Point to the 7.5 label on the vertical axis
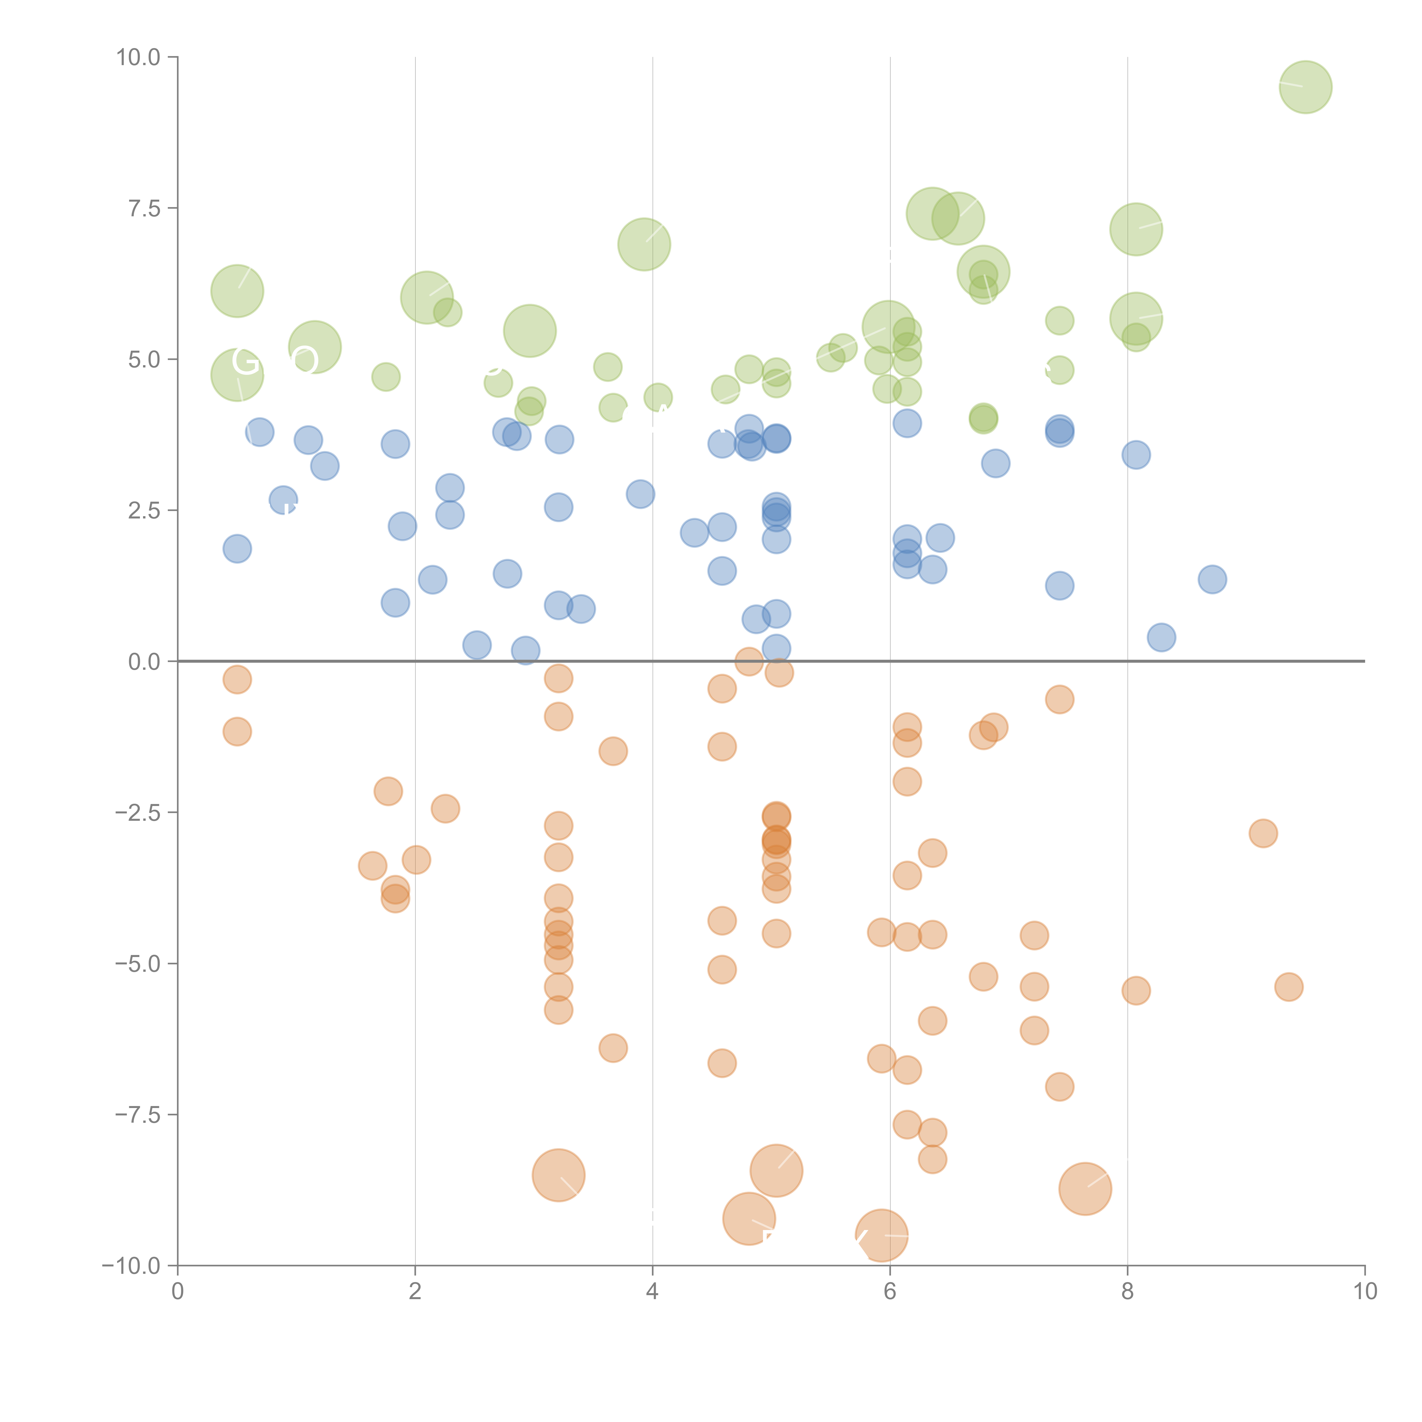click(144, 208)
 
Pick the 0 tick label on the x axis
click(177, 1292)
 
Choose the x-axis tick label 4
click(652, 1292)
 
